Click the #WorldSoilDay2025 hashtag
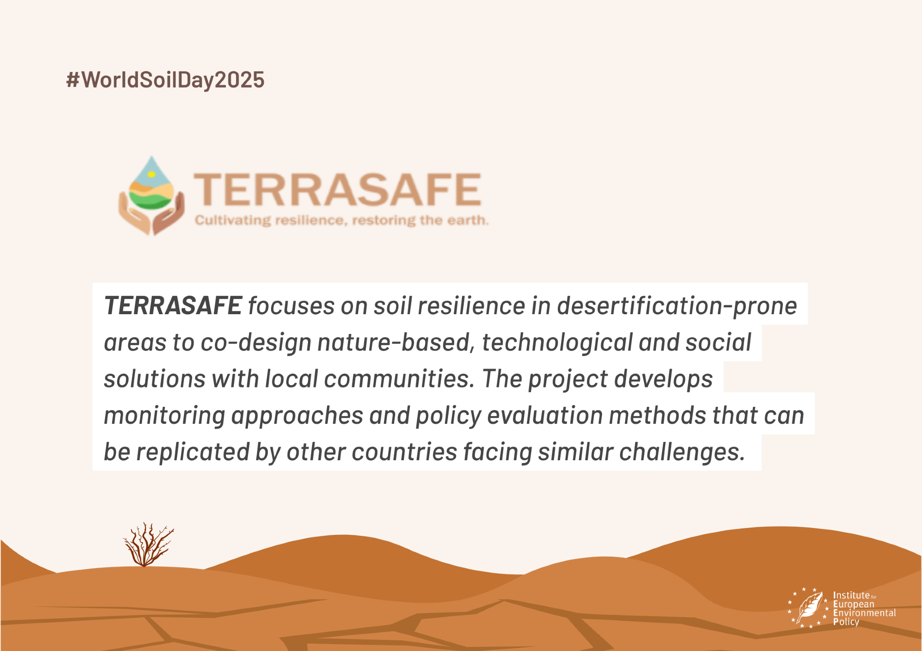[165, 80]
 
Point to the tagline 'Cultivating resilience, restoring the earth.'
[342, 220]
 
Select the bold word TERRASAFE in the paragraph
[173, 305]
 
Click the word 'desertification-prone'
[677, 306]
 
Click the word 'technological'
[557, 343]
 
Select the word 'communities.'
[399, 379]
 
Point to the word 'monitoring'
[164, 416]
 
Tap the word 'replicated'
[193, 452]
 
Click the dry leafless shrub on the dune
[148, 545]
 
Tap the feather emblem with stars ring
[808, 608]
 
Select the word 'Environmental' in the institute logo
[864, 613]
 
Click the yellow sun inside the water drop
[151, 174]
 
